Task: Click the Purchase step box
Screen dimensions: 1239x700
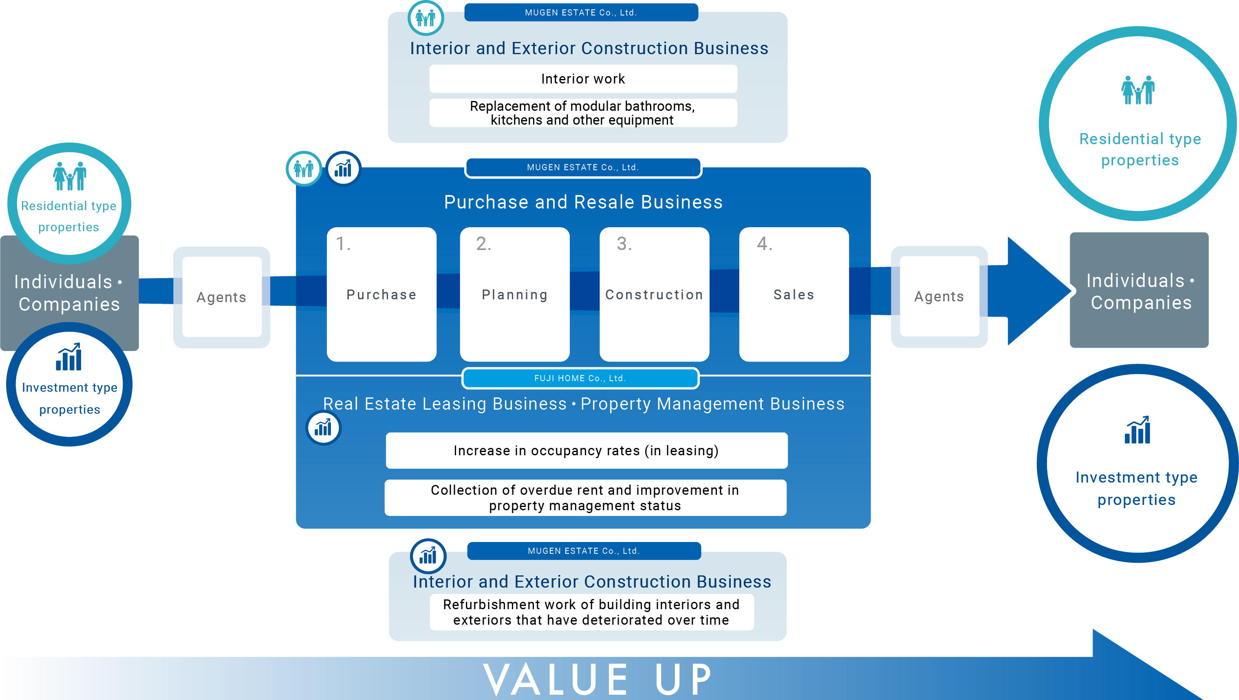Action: tap(381, 294)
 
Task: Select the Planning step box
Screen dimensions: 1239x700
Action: tap(515, 294)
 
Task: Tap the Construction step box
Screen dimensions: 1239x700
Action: tap(655, 294)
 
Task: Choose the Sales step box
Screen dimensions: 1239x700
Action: tap(794, 294)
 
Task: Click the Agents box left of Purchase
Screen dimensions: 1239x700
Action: tap(222, 297)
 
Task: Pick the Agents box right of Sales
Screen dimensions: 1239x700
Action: tap(939, 296)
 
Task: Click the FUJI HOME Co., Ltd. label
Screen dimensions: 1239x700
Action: tap(580, 378)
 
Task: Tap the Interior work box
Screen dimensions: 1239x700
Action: tap(583, 79)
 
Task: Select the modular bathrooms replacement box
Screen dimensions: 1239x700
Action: tap(583, 113)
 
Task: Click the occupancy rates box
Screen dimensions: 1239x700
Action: tap(586, 450)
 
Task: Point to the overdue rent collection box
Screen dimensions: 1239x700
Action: tap(586, 498)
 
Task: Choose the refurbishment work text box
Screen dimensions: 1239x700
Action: tap(592, 612)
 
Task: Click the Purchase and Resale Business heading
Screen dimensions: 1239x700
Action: tap(583, 202)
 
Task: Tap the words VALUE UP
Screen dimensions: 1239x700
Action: tap(597, 679)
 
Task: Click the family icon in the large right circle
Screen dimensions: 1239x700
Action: tap(1138, 90)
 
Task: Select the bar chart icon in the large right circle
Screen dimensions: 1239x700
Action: tap(1138, 430)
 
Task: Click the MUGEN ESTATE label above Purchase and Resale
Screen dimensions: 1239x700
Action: tap(583, 167)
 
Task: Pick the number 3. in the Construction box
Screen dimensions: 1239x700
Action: tap(624, 244)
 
